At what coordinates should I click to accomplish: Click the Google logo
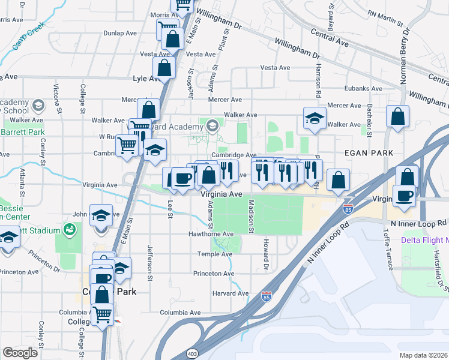pos(20,353)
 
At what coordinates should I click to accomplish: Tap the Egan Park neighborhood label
pos(364,154)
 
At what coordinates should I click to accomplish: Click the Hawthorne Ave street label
pos(211,233)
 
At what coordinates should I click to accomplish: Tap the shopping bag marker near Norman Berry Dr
pos(398,116)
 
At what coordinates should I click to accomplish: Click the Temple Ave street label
pos(215,254)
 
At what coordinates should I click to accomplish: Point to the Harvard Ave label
pos(231,293)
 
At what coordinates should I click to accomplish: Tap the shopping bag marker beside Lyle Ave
pos(164,68)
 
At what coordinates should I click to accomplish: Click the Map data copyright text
pos(423,355)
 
